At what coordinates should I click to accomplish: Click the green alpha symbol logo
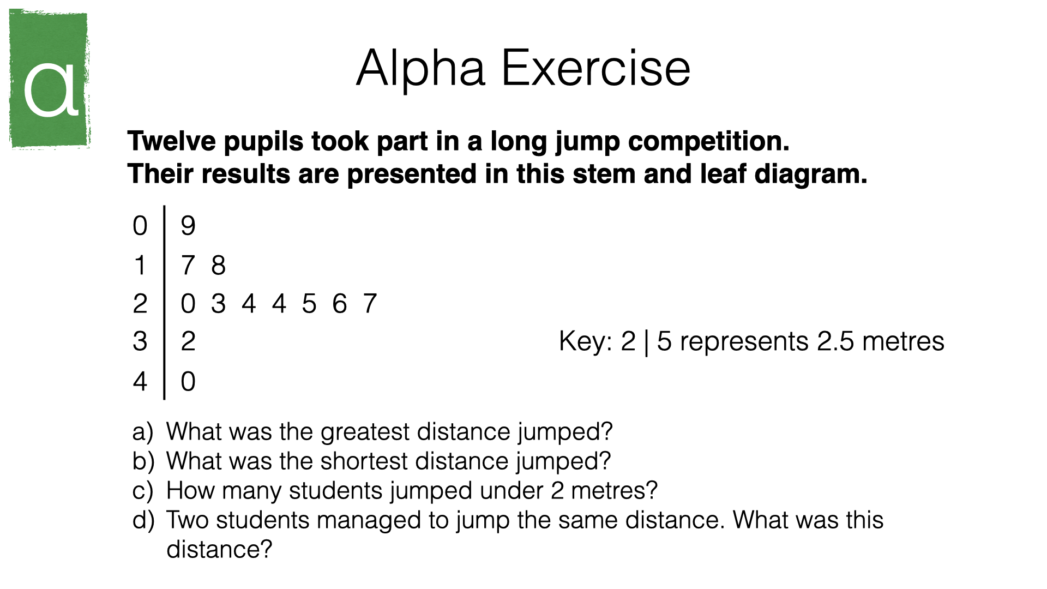pos(49,79)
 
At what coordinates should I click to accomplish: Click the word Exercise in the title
pos(596,68)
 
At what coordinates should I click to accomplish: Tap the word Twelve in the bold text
pos(172,141)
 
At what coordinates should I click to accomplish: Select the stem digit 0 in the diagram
pos(140,226)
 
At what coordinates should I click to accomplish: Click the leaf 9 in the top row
pos(188,226)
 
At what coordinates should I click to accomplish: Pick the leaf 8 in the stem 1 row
pos(219,266)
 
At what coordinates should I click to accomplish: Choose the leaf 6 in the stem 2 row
pos(340,304)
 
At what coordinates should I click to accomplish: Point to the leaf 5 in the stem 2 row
pos(309,304)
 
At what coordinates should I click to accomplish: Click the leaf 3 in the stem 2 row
pos(219,304)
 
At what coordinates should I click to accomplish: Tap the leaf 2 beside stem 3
pos(188,341)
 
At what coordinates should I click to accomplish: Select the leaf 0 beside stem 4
pos(188,381)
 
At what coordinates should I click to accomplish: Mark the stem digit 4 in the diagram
pos(140,381)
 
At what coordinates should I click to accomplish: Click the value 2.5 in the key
pos(835,341)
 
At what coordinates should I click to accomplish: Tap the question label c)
pos(143,491)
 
